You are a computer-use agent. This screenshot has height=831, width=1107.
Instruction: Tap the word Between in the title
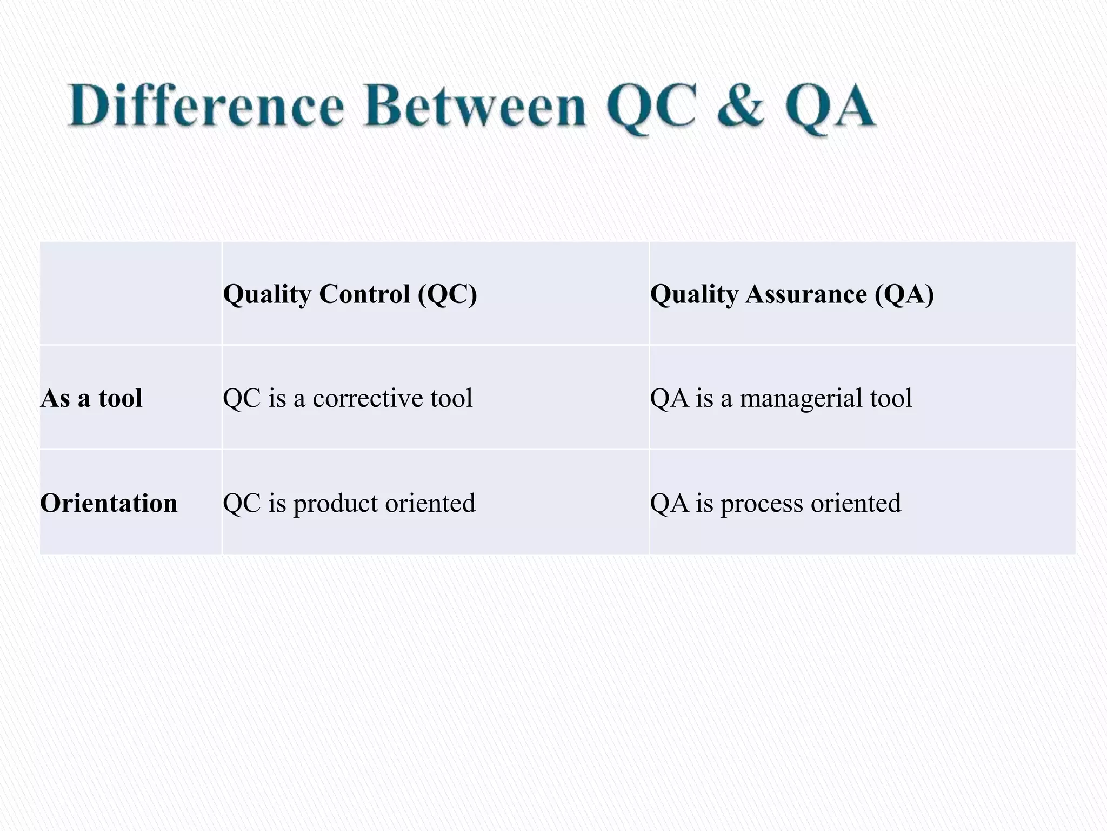(475, 107)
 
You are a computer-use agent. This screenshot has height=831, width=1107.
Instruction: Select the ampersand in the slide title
(741, 107)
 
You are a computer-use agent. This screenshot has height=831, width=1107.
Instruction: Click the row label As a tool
(91, 399)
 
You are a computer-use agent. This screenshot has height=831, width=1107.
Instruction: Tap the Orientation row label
(109, 503)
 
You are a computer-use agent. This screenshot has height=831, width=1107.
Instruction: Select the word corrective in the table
(368, 399)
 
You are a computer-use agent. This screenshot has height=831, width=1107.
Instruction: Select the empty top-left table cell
(130, 293)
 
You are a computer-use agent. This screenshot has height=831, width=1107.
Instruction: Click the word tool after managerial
(891, 399)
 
